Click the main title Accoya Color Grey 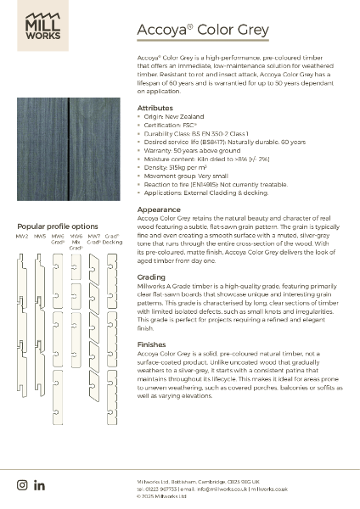pos(203,30)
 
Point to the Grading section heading pos(153,277)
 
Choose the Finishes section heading pos(154,345)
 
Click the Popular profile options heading pos(58,227)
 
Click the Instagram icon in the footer pos(22,484)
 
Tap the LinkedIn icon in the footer pos(39,484)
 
